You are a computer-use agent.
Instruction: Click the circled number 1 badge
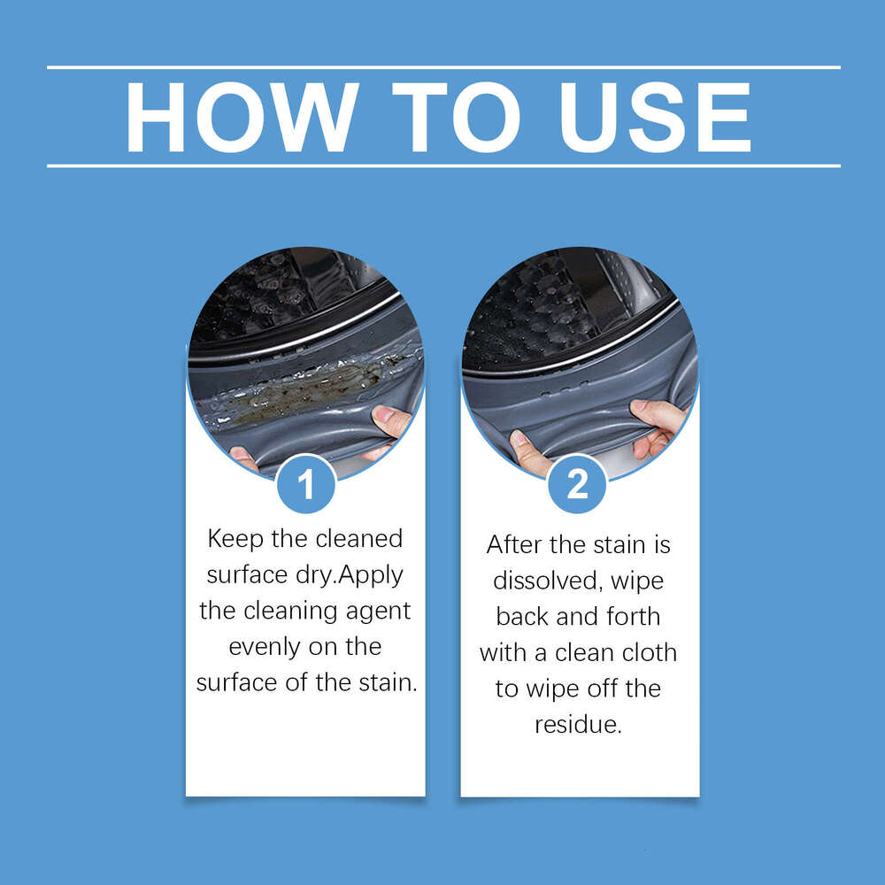(x=305, y=484)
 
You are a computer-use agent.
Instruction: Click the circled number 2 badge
(x=577, y=484)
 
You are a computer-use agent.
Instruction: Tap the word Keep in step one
(x=236, y=538)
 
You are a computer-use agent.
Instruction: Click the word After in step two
(x=518, y=544)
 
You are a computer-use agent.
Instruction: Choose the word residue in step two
(x=579, y=726)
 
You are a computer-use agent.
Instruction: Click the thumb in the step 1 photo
(x=390, y=419)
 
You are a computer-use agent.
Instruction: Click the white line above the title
(x=442, y=67)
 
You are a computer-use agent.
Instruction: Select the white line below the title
(x=442, y=165)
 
